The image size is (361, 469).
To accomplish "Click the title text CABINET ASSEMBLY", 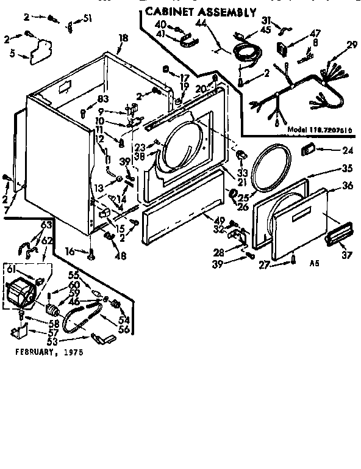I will click(x=200, y=12).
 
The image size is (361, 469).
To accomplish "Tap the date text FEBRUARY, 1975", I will click(x=48, y=352).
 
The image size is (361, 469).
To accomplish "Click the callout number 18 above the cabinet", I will click(x=123, y=38).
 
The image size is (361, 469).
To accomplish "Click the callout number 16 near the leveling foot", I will click(x=71, y=250).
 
